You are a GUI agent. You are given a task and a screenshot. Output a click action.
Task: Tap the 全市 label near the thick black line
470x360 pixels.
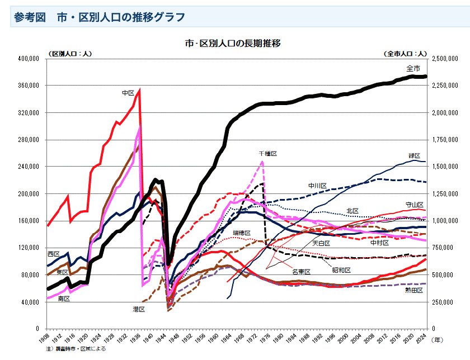click(413, 68)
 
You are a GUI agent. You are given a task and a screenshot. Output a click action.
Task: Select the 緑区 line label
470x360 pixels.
click(414, 155)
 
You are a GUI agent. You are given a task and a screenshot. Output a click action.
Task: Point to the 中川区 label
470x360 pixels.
click(317, 186)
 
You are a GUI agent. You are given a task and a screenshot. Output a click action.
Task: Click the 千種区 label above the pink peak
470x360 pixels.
click(268, 153)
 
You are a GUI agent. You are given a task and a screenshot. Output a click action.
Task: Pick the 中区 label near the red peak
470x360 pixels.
click(128, 93)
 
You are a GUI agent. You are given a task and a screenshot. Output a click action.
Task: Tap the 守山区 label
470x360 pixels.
click(415, 205)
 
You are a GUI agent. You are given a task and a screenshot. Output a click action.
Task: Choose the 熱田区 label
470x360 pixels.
click(413, 290)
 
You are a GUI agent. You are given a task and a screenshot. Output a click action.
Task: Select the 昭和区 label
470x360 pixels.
click(341, 270)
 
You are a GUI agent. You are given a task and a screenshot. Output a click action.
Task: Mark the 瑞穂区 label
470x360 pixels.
click(242, 233)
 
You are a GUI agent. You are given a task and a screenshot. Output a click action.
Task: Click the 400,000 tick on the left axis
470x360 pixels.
click(28, 58)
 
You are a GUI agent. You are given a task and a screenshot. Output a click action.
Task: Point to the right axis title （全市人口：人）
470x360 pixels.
click(405, 53)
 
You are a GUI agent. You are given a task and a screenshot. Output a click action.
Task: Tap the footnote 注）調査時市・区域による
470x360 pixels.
click(76, 348)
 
